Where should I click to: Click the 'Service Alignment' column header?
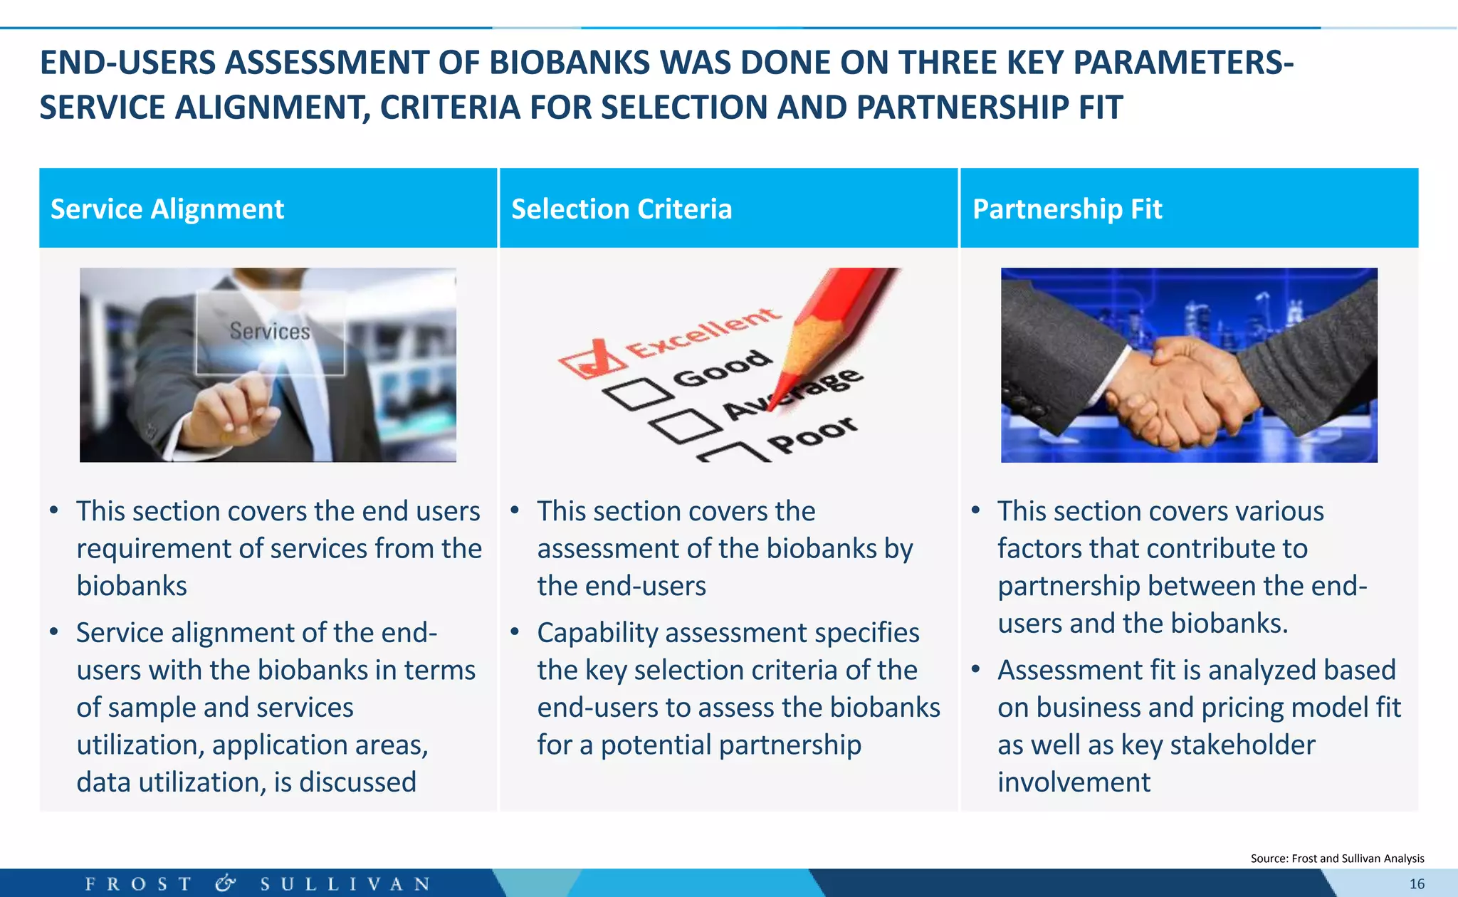point(167,209)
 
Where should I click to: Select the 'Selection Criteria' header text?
point(622,209)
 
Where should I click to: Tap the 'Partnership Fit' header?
point(1067,209)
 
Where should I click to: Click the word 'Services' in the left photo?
point(270,331)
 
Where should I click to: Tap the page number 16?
point(1417,884)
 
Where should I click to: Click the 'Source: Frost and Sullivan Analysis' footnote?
point(1337,859)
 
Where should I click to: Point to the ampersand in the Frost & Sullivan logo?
point(225,883)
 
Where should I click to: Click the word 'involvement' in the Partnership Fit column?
point(1074,782)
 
